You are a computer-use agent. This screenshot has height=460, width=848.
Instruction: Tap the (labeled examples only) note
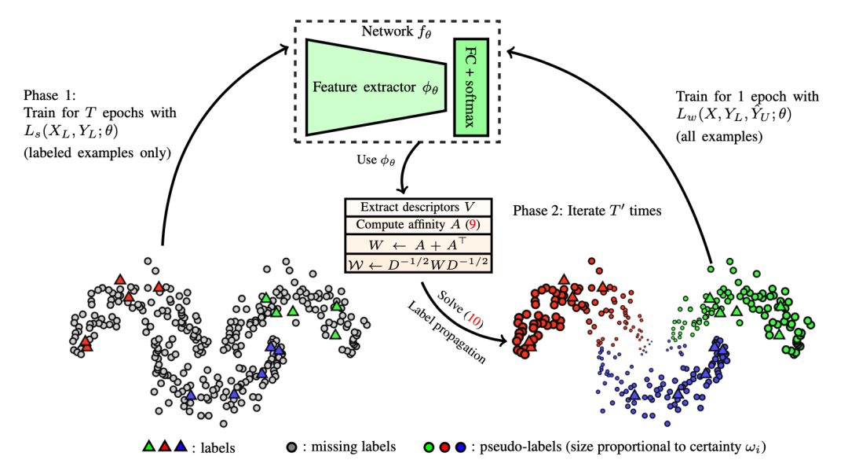click(x=97, y=153)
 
